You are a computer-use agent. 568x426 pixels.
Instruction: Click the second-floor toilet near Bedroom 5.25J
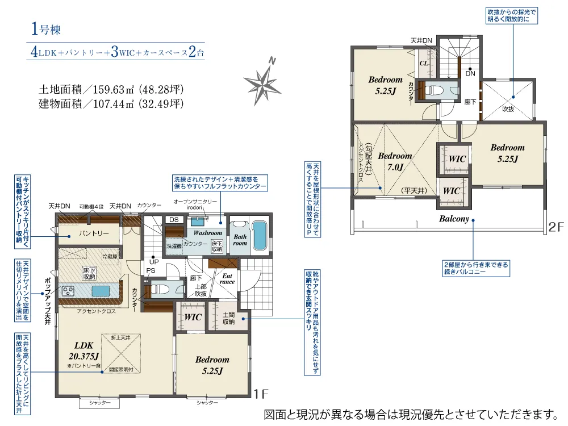tap(436, 90)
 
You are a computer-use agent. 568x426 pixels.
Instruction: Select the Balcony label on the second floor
tap(454, 219)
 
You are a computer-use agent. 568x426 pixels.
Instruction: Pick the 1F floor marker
tap(261, 392)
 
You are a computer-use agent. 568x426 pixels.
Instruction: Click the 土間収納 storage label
tap(228, 319)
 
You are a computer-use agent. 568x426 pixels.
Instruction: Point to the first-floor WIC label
tap(193, 317)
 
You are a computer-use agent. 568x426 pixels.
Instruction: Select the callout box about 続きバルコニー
tap(476, 268)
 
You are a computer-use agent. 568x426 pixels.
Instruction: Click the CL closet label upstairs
tap(423, 63)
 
